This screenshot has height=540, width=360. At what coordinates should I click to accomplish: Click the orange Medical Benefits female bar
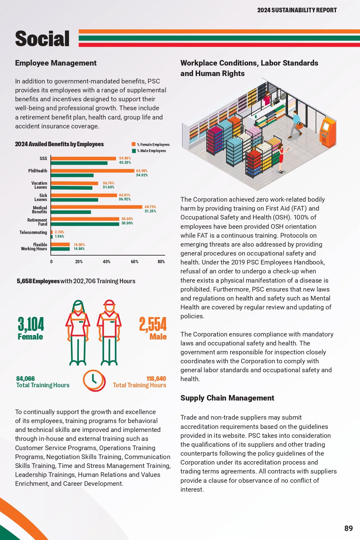click(x=97, y=207)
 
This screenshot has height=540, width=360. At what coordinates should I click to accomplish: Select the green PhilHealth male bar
click(x=72, y=175)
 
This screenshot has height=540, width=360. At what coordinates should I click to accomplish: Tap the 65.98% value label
click(x=142, y=171)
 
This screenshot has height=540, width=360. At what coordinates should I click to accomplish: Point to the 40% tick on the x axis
click(x=107, y=262)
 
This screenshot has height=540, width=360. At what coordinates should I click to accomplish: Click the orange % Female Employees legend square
click(x=134, y=144)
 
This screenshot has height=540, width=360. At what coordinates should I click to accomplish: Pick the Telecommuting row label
click(x=33, y=232)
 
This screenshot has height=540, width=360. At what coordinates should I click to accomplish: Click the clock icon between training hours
click(x=94, y=381)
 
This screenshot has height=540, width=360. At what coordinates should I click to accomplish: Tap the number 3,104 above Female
click(x=31, y=324)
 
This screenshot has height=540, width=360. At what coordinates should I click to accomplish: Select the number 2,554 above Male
click(x=153, y=324)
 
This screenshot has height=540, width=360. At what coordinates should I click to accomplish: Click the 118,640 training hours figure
click(x=156, y=379)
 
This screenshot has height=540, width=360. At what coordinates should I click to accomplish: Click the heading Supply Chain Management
click(x=227, y=398)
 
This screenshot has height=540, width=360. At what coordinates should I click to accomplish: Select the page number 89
click(x=349, y=528)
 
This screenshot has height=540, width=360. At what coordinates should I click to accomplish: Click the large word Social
click(x=42, y=38)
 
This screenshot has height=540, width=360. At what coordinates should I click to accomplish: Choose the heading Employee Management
click(x=56, y=63)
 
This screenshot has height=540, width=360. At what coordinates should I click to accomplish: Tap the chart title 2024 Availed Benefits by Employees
click(x=59, y=144)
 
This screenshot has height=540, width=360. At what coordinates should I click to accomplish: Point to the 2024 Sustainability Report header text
click(x=297, y=10)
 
